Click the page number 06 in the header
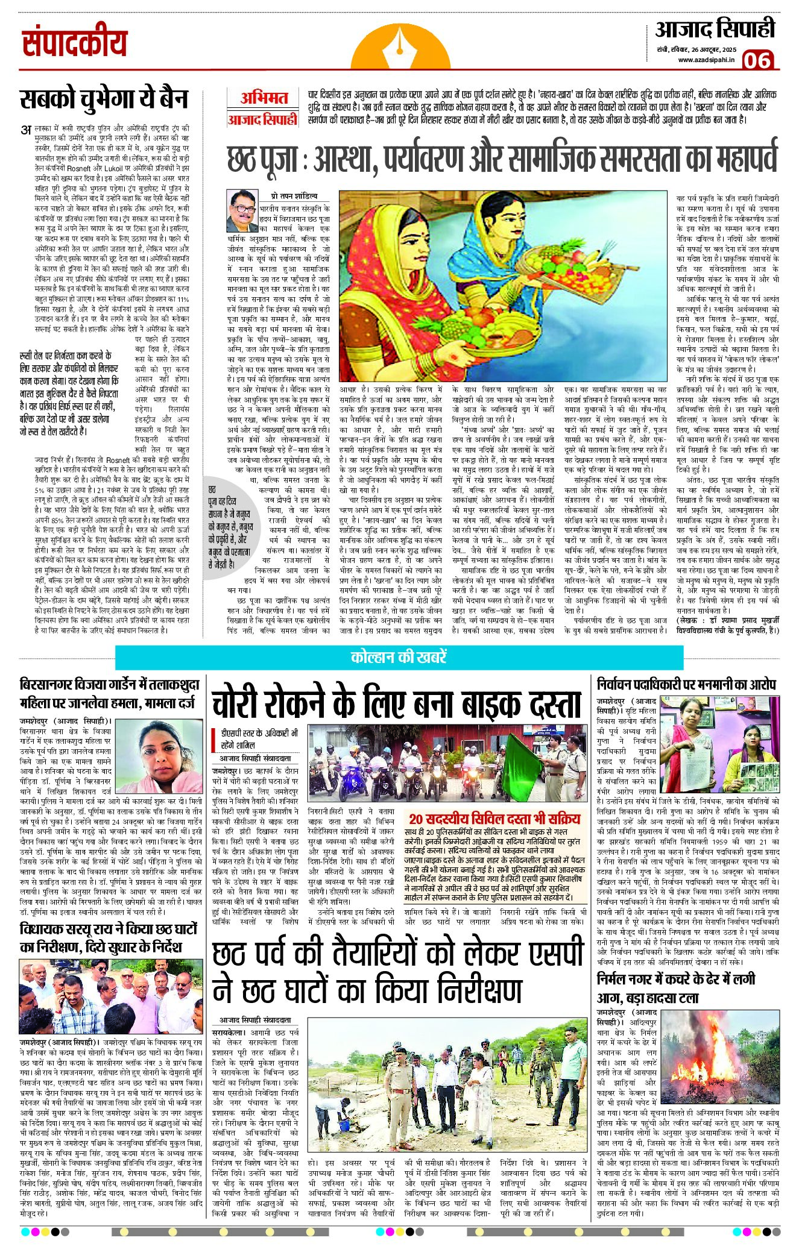coord(757,60)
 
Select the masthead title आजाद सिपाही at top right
coord(715,29)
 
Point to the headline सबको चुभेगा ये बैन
coord(104,99)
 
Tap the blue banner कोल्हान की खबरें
coord(399,657)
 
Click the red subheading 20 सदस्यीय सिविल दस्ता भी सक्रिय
coord(494,818)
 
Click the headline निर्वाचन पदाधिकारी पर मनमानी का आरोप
coord(686,685)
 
